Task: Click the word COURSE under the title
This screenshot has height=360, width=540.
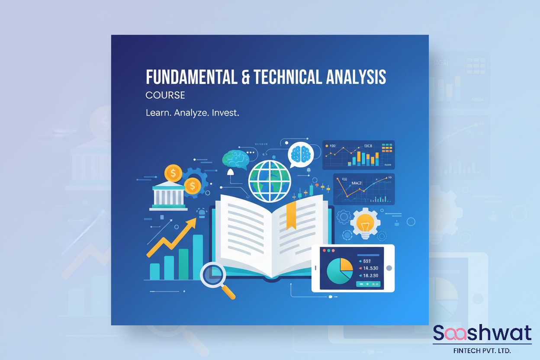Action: (x=165, y=95)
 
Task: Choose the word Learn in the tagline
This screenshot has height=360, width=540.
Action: (x=157, y=113)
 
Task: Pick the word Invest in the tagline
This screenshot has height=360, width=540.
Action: (x=225, y=113)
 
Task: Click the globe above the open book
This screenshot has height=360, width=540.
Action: (x=270, y=180)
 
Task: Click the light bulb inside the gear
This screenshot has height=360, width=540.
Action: (x=365, y=223)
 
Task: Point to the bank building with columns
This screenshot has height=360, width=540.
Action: (x=169, y=197)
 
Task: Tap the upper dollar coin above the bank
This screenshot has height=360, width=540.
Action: (x=173, y=173)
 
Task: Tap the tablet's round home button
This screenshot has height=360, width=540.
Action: (x=389, y=268)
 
